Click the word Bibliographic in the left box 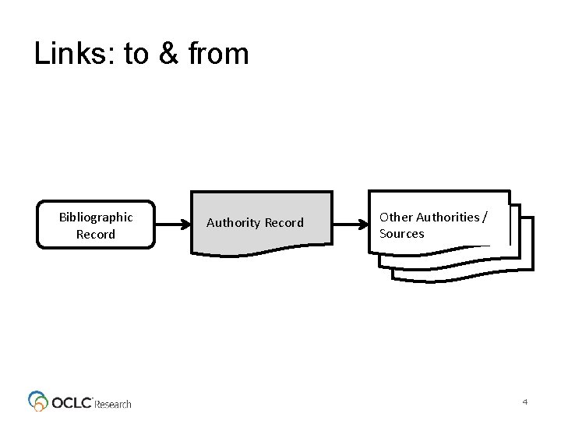96,218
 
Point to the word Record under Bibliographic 96,234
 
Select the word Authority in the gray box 233,223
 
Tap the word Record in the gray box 284,223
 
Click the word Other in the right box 396,217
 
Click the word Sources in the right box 401,234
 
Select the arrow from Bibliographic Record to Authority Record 173,225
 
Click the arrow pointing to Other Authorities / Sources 351,225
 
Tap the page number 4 524,402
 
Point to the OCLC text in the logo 72,402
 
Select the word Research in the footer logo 113,404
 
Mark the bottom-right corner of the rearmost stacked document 533,269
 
